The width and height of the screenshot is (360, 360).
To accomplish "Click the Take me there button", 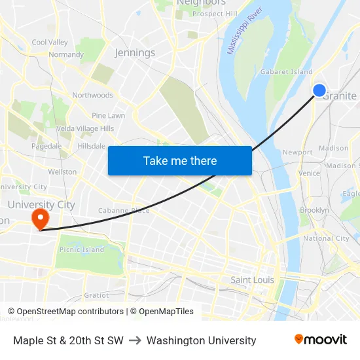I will click(x=180, y=160).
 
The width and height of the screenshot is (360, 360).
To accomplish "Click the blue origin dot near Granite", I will click(x=319, y=91).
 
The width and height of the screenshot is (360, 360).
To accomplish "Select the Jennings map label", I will click(x=135, y=52).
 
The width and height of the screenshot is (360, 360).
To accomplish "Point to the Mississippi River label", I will click(x=244, y=31).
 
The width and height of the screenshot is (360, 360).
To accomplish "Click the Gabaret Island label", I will click(x=287, y=72).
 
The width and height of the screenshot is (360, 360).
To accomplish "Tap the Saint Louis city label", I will click(x=253, y=279).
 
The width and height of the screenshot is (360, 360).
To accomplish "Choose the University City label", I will click(x=41, y=204).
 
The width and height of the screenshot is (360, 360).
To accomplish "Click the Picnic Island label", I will click(x=82, y=250).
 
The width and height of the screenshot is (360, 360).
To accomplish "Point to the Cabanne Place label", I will click(x=124, y=210).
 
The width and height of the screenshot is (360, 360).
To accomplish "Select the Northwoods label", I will click(x=92, y=96).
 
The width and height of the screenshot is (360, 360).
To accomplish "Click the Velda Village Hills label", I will click(x=85, y=129).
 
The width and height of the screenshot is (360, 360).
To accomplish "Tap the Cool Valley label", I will click(x=50, y=43).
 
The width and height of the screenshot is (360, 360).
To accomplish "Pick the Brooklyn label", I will click(x=314, y=210).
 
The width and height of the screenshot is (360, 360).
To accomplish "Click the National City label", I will click(x=326, y=239).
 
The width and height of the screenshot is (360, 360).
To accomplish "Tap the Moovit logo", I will click(x=321, y=340).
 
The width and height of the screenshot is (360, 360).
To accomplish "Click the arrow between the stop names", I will click(x=135, y=340).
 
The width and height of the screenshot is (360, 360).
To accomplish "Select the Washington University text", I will click(x=202, y=340).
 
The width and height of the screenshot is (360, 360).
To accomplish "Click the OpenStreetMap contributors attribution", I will click(x=65, y=312).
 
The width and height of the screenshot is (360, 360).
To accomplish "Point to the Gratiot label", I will click(x=96, y=295).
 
